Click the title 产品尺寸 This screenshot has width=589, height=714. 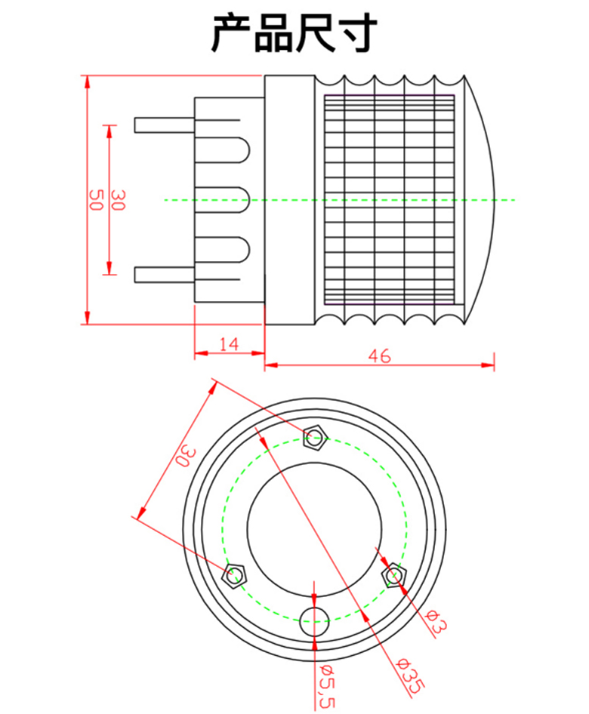point(294,32)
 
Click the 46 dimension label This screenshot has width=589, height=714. point(380,355)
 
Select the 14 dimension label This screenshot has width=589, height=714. point(229,344)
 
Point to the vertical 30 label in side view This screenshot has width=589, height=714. point(118,200)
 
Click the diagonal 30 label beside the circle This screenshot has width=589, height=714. point(187,457)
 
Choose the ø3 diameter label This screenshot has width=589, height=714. point(436,621)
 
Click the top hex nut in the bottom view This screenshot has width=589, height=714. point(315,438)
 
